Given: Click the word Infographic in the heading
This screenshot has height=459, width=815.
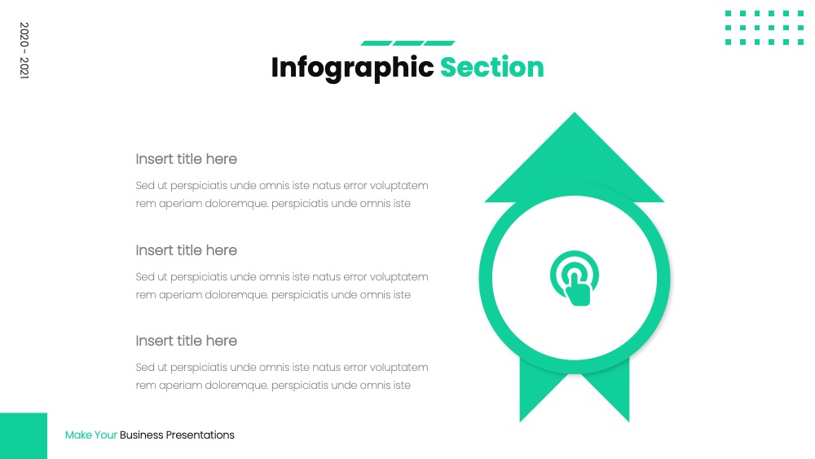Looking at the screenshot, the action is click(x=352, y=68).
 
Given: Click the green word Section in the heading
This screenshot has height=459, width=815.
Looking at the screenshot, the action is click(x=491, y=68).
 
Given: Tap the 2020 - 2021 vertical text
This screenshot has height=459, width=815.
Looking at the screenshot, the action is click(x=24, y=50).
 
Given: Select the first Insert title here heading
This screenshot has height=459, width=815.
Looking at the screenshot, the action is click(x=186, y=159).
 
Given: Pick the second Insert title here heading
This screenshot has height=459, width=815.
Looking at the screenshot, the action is click(x=186, y=250).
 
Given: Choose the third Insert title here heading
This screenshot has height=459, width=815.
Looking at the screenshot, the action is click(x=186, y=341).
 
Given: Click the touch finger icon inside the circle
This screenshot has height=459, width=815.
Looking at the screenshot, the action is click(x=575, y=278).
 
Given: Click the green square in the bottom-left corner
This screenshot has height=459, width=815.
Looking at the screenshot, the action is click(x=24, y=435).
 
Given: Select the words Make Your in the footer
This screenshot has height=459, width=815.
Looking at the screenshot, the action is click(x=91, y=435).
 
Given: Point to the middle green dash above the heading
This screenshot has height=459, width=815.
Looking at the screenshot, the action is click(x=408, y=43).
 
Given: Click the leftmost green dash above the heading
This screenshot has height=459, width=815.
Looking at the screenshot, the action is click(x=377, y=43).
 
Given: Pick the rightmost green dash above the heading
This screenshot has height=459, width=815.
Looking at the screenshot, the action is click(x=439, y=43).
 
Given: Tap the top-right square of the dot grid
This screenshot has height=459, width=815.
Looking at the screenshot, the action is click(x=800, y=14).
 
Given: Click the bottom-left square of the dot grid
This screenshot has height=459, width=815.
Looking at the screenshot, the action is click(x=728, y=42).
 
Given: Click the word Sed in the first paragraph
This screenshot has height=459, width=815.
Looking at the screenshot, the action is click(x=144, y=186).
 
